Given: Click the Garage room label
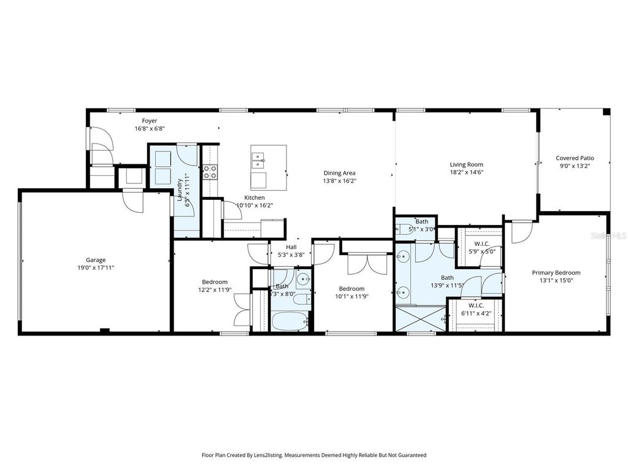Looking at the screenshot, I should tap(95, 260).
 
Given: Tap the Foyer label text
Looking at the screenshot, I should tap(150, 121).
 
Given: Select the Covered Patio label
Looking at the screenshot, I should tap(575, 158).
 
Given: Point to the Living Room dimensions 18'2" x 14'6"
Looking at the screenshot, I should tap(466, 172).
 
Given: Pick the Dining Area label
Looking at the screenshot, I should tap(339, 173).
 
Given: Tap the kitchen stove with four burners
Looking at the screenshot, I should tap(210, 172).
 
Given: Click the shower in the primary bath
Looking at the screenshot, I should tap(421, 319).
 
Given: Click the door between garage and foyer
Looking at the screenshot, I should tap(132, 201).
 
